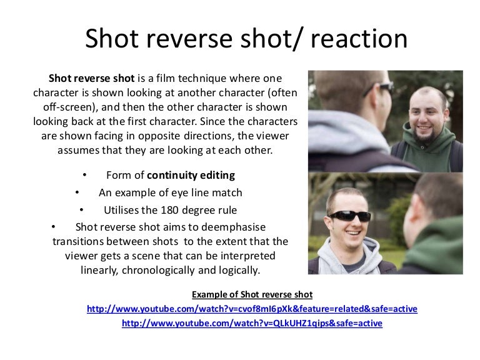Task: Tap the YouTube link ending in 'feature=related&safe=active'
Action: point(252,309)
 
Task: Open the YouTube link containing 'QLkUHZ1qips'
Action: point(252,323)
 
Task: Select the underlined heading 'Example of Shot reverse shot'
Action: point(252,294)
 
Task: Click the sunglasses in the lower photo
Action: point(349,216)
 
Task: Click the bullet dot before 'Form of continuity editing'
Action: point(85,175)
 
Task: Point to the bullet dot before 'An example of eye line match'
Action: point(77,192)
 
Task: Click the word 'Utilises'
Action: point(123,209)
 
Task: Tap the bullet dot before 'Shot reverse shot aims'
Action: point(54,226)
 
